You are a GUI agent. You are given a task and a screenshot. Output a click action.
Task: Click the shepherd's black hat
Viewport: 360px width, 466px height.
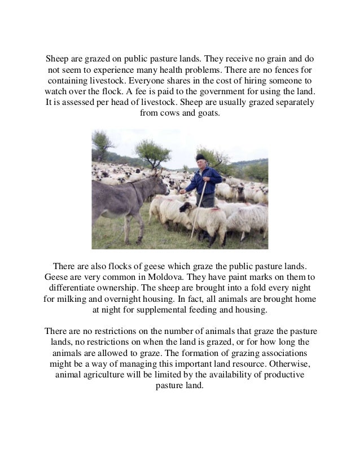tap(200, 157)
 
